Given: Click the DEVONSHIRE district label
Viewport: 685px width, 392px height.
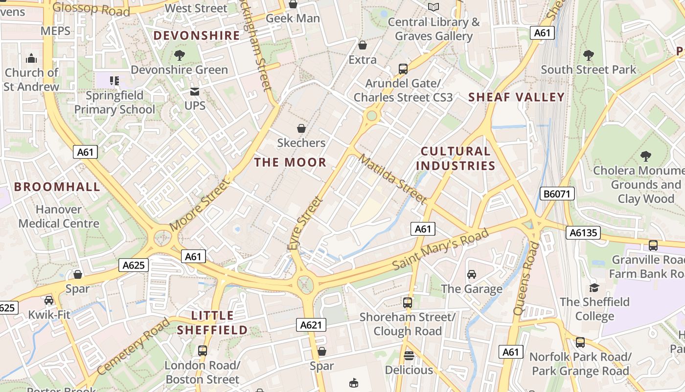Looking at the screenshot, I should (x=197, y=35).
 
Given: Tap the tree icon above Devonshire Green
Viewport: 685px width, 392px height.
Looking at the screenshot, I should (x=180, y=55).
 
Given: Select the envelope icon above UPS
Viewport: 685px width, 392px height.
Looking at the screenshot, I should (x=195, y=91).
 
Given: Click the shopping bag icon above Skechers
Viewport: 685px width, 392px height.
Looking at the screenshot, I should (x=301, y=128).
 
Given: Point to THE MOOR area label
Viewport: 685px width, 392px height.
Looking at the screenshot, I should (x=290, y=162).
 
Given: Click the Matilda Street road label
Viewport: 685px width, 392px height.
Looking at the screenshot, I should (x=392, y=179).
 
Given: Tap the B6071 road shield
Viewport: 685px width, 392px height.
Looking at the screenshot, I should (x=557, y=194).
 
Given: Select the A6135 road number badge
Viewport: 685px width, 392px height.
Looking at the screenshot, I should (x=583, y=232).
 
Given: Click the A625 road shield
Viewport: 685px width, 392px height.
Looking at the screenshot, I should (x=134, y=265).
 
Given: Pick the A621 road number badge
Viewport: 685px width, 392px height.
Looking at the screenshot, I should (x=311, y=324).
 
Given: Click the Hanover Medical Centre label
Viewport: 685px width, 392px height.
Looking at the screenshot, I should (x=59, y=217).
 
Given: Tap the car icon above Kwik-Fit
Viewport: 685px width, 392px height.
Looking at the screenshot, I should (x=49, y=300).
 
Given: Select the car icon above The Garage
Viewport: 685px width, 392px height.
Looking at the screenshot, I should (x=472, y=274).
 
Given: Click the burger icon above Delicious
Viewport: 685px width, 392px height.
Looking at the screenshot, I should (x=409, y=355).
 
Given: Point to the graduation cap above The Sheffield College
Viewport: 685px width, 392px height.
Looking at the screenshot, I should (x=594, y=288).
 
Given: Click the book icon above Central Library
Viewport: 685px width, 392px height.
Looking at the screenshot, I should (x=434, y=7).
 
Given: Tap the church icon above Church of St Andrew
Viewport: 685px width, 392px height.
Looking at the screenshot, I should (x=32, y=58).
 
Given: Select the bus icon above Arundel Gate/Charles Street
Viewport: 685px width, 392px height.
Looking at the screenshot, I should (x=403, y=69).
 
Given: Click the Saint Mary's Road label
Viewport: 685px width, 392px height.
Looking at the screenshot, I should (x=440, y=249).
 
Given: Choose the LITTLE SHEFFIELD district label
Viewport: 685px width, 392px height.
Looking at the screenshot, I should (x=212, y=322).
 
